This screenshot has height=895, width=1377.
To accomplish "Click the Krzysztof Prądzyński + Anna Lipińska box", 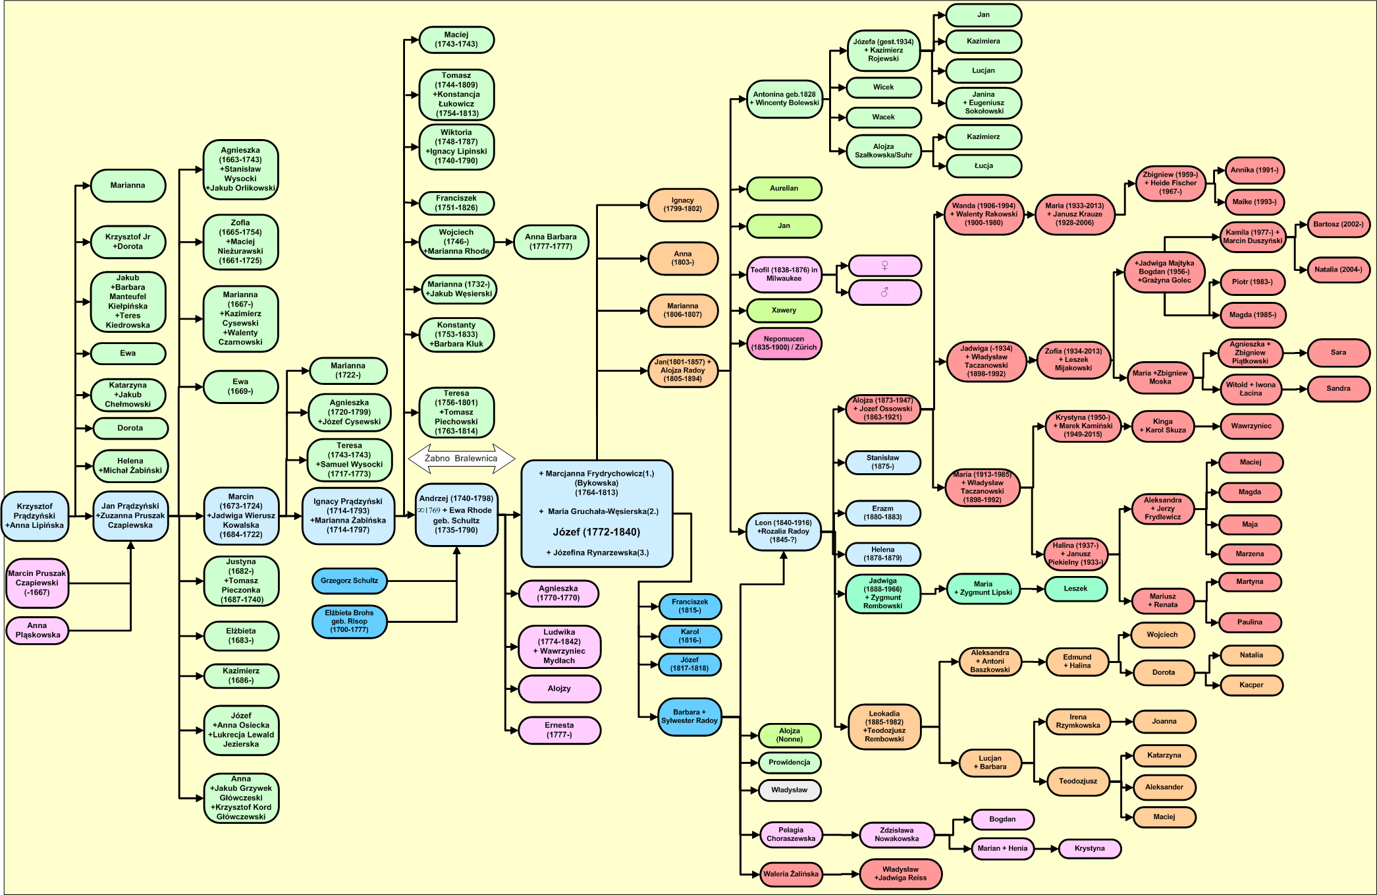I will tap(35, 516).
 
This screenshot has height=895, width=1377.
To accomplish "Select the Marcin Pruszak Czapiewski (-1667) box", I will tap(37, 583).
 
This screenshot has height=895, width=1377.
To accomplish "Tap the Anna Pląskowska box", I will tap(37, 630).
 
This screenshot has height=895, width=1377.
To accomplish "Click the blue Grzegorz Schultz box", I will tap(349, 581).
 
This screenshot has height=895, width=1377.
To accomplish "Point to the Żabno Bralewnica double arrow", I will tap(461, 458).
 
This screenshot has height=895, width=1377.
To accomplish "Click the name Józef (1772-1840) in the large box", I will tap(596, 532).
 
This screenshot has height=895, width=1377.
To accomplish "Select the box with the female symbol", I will tap(884, 266).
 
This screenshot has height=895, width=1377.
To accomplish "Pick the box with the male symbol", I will tap(884, 292).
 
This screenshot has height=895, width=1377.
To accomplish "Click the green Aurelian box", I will tap(784, 188).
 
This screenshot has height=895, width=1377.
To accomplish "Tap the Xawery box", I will tap(784, 310).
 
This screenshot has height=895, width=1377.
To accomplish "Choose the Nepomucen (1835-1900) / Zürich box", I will tap(784, 343).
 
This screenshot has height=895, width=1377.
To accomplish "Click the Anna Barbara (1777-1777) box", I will tap(551, 242).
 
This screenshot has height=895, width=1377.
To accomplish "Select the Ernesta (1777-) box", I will tap(559, 730).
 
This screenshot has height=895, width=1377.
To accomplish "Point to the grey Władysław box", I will tap(789, 790).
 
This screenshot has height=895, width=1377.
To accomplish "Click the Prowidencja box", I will tap(789, 763).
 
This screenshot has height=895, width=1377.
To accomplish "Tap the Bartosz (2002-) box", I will tap(1338, 225).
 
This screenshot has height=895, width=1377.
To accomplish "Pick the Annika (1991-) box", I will tap(1255, 170).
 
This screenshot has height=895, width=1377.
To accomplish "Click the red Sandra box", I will tap(1338, 389).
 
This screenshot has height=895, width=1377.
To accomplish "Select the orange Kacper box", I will tap(1251, 685).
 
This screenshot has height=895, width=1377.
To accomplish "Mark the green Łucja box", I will tap(983, 166).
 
